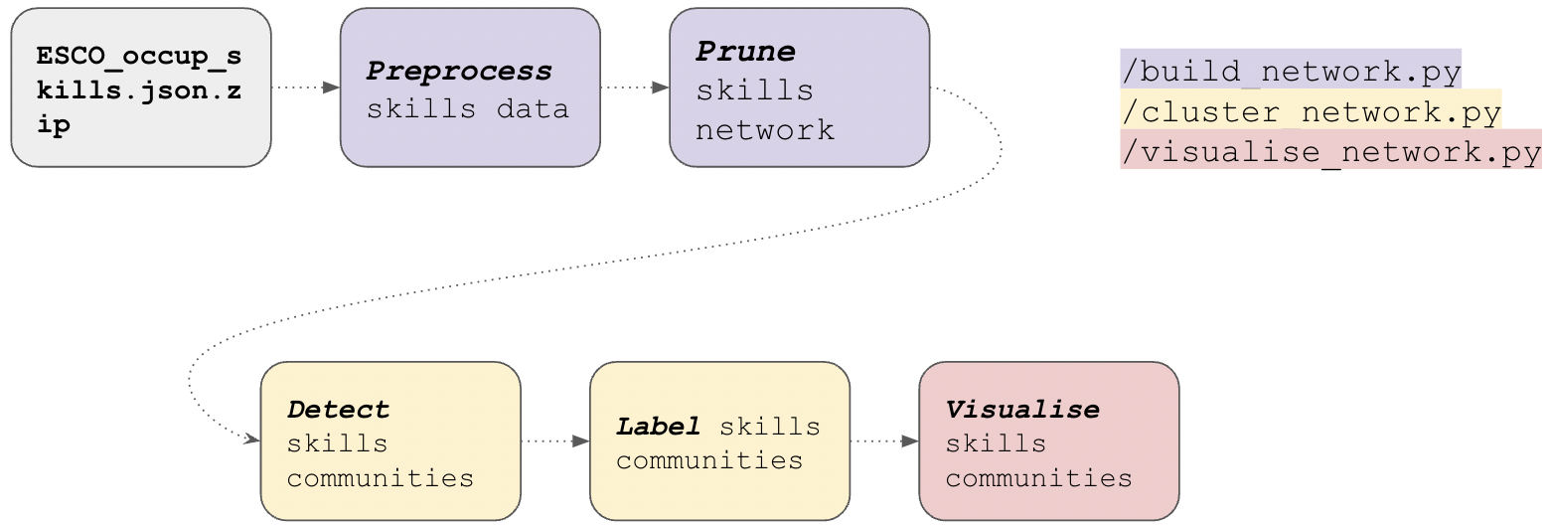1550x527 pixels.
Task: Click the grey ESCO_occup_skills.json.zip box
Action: tap(141, 88)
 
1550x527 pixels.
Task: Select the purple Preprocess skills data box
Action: tap(470, 88)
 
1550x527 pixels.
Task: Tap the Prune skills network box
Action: tap(800, 88)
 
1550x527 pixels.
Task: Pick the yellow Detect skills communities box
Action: tap(390, 440)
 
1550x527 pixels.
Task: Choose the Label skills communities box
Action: tap(719, 440)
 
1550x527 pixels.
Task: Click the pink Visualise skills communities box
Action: tap(1049, 440)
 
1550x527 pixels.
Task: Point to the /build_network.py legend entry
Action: tap(1291, 72)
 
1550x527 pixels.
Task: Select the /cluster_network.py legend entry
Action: tap(1311, 112)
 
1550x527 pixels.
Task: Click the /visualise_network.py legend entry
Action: tap(1330, 152)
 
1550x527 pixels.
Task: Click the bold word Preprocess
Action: tap(459, 72)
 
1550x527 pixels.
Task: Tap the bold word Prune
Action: tap(746, 51)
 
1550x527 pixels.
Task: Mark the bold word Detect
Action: tap(338, 409)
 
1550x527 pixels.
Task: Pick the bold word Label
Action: tap(658, 427)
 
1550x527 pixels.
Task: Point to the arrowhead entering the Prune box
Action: tap(661, 88)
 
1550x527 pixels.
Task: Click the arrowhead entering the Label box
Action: tap(581, 440)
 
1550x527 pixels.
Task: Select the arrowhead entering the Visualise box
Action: tap(910, 440)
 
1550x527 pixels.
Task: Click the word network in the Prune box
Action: tap(764, 130)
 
